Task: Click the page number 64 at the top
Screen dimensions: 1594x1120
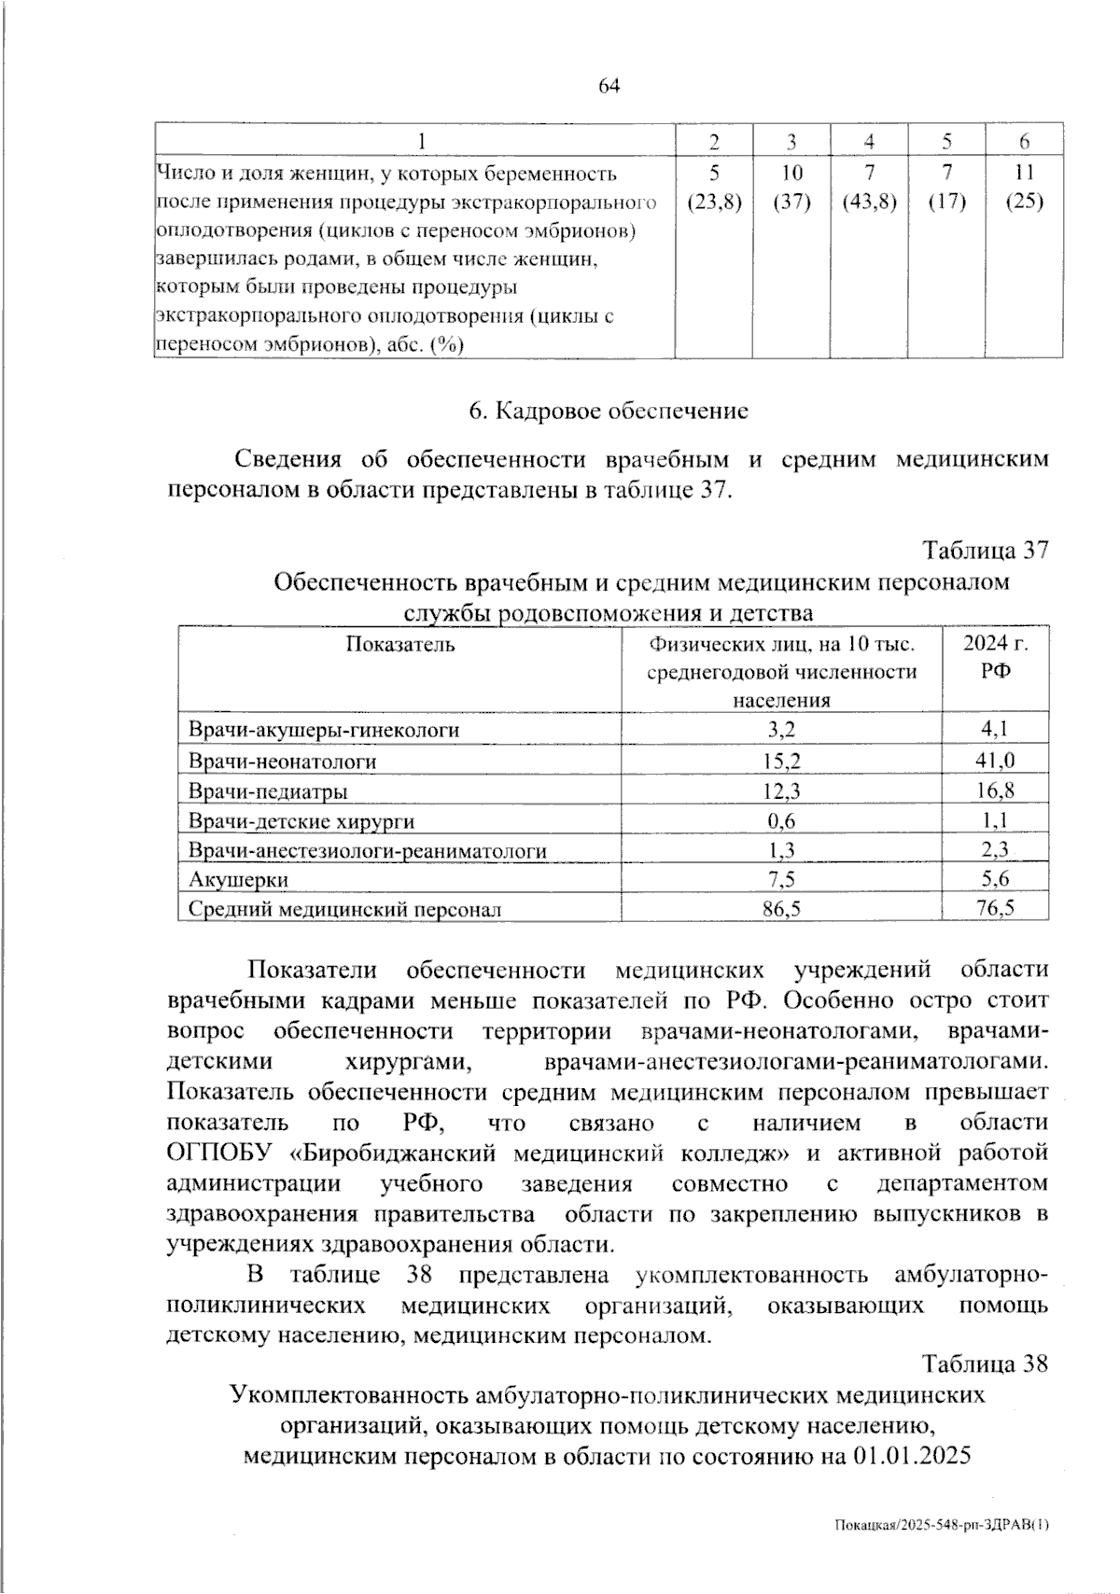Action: tap(609, 87)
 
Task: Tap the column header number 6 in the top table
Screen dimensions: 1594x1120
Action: tap(1024, 142)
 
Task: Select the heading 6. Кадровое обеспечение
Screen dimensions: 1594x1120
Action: tap(608, 411)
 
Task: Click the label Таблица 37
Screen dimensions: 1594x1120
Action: tap(986, 551)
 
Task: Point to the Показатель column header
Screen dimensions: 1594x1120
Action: tap(399, 644)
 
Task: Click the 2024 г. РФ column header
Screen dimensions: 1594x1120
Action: tap(996, 657)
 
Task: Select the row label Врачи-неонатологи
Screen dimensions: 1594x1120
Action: tap(282, 762)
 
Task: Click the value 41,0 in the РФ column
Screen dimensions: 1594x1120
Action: tap(996, 761)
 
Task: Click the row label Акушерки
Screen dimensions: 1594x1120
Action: tap(238, 880)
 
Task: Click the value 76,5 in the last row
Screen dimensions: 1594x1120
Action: tap(996, 908)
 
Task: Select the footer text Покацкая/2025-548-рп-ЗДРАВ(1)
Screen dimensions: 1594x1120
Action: tap(941, 1525)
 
